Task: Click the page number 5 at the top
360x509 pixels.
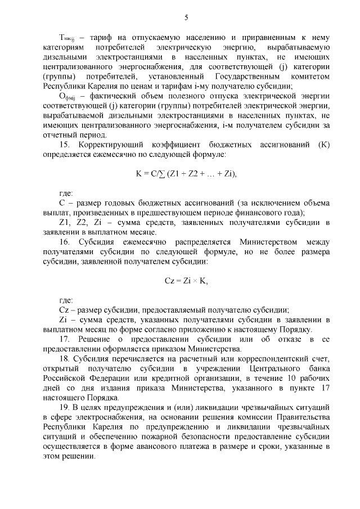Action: click(186, 17)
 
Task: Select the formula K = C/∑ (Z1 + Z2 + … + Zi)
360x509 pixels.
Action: click(186, 174)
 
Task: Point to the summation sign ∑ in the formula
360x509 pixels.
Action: click(160, 174)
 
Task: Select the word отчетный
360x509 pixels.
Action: click(61, 134)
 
